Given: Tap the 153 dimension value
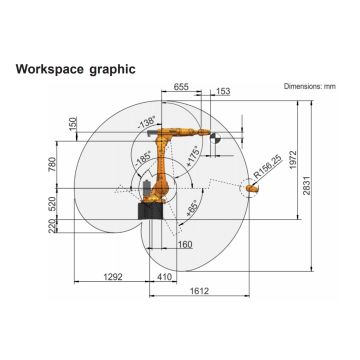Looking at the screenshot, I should pos(221,93).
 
